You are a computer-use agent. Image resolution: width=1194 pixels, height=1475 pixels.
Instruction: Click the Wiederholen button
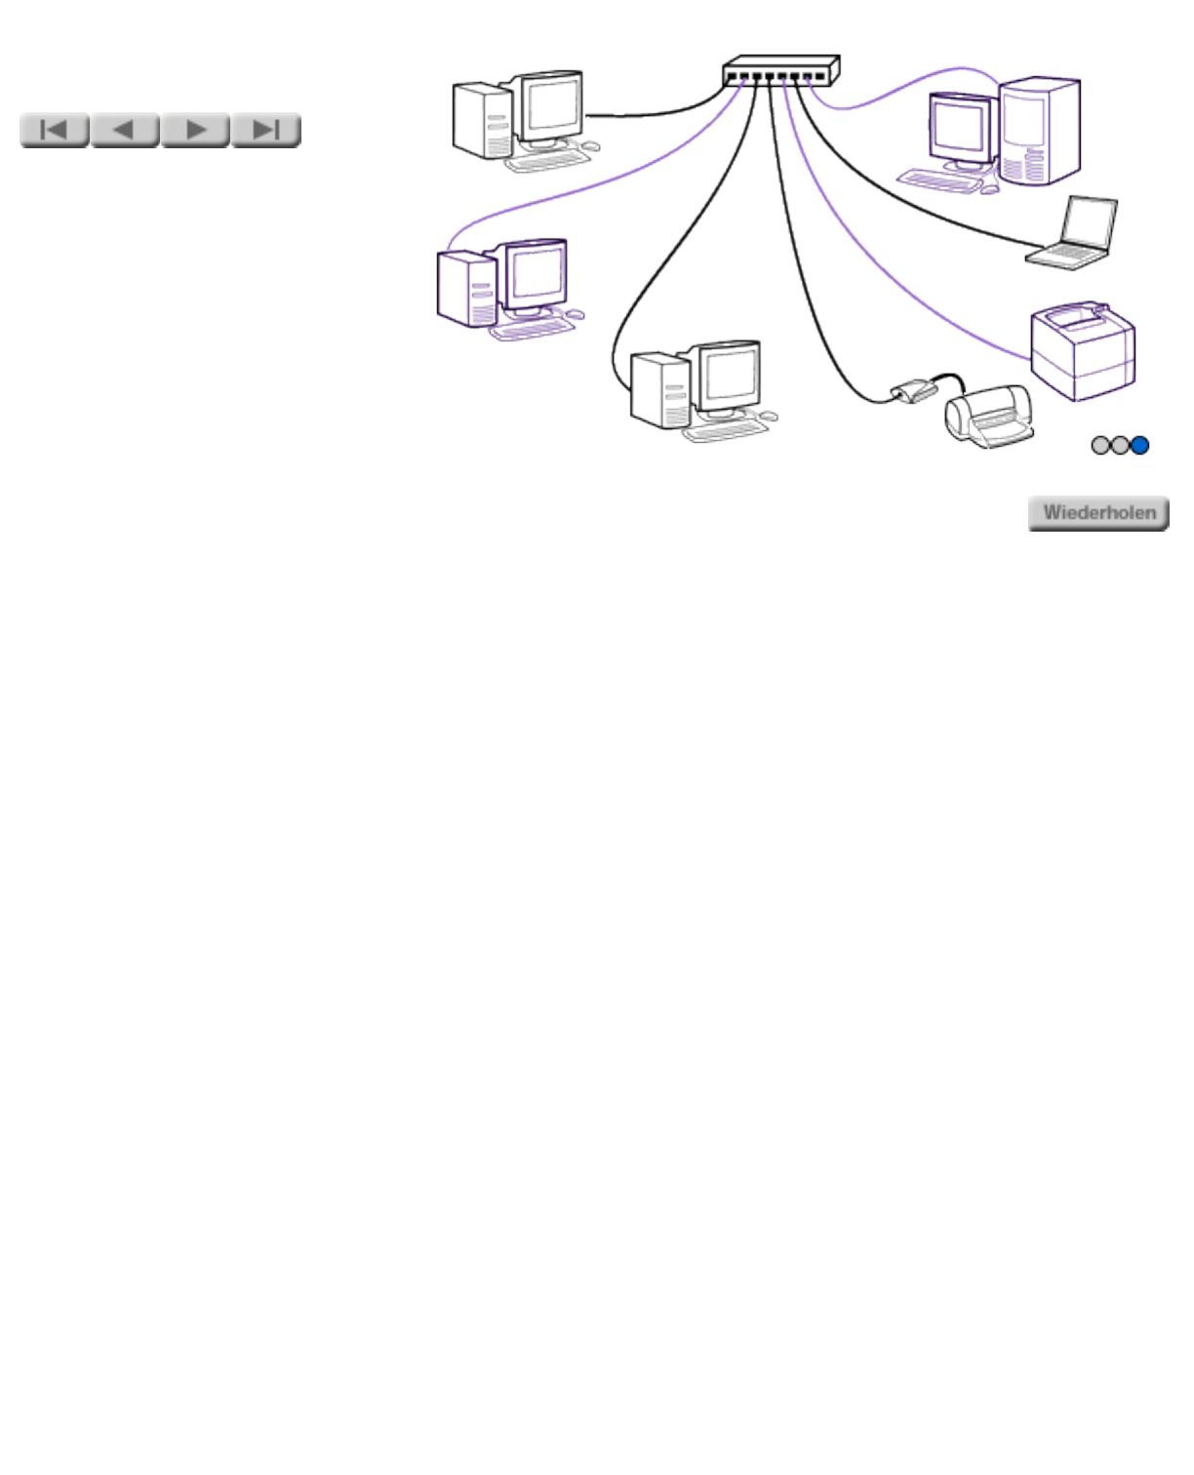click(1098, 513)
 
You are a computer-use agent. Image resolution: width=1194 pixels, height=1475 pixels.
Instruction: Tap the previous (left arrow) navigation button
click(125, 130)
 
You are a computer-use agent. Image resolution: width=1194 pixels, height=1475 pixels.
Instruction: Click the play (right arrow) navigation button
click(195, 130)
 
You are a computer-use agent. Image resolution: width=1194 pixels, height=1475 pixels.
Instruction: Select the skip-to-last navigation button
click(265, 130)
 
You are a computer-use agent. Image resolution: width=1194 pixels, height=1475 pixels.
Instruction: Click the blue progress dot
click(1139, 446)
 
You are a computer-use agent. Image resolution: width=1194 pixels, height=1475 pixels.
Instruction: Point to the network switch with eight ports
click(780, 71)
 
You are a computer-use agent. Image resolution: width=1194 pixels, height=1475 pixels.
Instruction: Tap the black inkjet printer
click(987, 417)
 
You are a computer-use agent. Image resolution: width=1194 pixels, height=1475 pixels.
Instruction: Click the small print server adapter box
click(914, 390)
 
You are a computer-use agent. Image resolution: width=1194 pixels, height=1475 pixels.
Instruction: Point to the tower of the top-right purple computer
click(1040, 132)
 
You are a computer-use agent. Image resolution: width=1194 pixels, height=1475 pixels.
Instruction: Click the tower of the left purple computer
click(468, 289)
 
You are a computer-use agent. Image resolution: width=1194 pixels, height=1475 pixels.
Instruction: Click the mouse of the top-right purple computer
click(989, 188)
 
